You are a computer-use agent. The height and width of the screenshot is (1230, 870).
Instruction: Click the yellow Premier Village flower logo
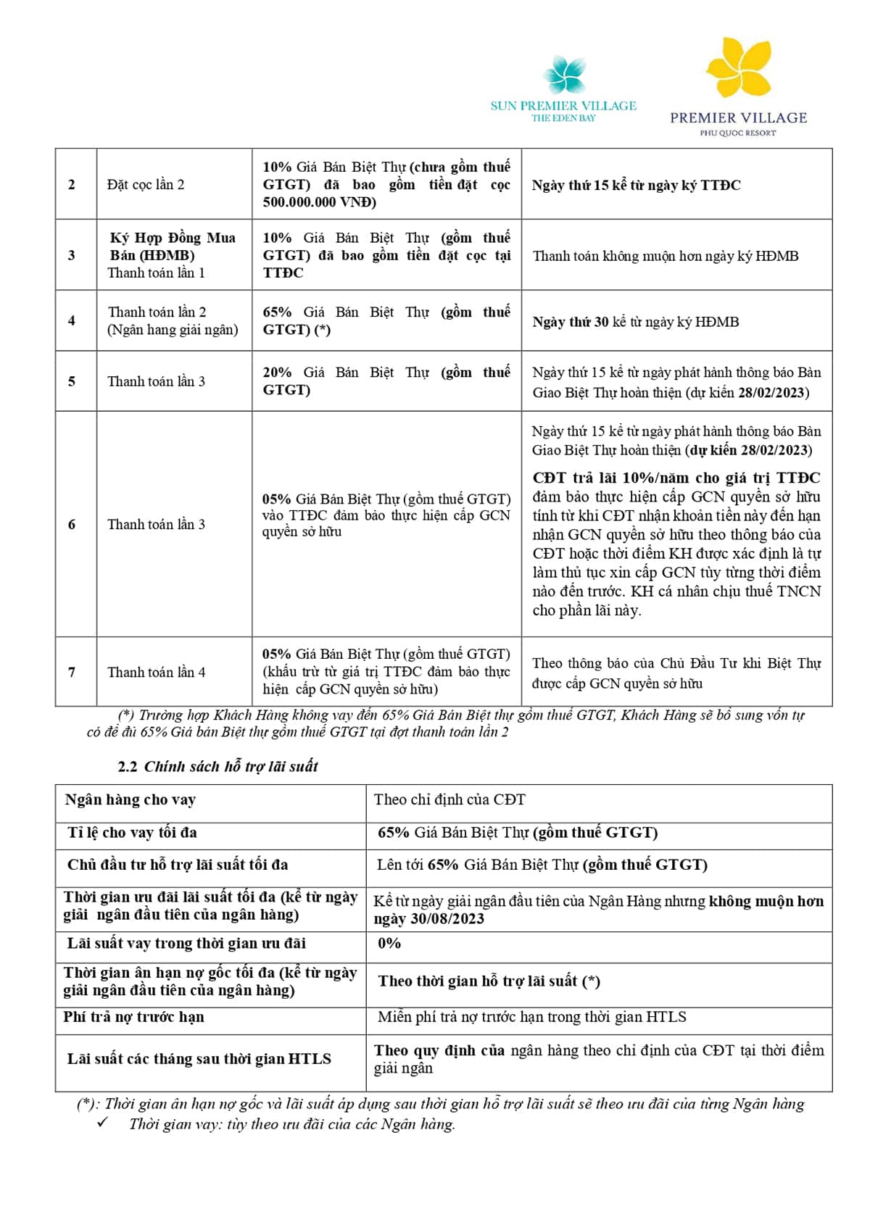click(738, 69)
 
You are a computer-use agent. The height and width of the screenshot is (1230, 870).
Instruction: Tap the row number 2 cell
click(72, 185)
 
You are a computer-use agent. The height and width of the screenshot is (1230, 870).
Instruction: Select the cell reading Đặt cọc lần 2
click(146, 185)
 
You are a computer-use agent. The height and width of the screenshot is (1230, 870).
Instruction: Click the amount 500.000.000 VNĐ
click(319, 202)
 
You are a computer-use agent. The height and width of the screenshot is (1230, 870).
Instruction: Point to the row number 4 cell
click(72, 320)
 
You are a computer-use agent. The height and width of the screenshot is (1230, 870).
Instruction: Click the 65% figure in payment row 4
click(277, 312)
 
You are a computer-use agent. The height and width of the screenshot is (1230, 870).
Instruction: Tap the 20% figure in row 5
click(277, 373)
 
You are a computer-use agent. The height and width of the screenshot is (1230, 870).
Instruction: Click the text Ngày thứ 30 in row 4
click(571, 322)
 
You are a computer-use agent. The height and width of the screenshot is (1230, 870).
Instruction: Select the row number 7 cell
click(72, 672)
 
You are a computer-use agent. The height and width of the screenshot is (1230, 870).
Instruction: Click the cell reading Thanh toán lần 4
click(157, 672)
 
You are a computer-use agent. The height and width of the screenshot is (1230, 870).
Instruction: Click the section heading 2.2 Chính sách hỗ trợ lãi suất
click(217, 766)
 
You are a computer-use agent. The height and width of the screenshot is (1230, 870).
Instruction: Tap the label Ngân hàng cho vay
click(130, 799)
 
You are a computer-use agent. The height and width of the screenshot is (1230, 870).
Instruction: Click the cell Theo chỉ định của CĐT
click(449, 799)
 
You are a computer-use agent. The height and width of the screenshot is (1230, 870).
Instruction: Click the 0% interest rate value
click(389, 943)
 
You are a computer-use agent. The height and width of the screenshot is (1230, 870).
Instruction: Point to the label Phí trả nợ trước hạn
click(134, 1017)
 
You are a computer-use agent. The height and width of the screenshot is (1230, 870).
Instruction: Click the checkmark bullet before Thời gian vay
click(102, 1123)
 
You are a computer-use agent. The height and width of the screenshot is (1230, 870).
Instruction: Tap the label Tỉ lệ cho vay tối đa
click(133, 832)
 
